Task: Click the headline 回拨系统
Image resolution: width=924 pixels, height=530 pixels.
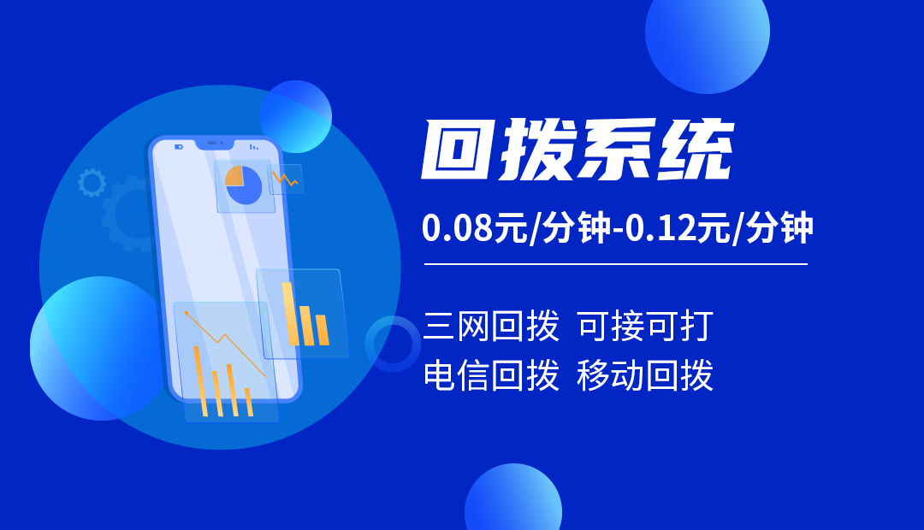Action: (577, 150)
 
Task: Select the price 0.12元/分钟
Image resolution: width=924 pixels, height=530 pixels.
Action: (719, 228)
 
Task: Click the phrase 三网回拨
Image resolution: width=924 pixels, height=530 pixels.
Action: (491, 327)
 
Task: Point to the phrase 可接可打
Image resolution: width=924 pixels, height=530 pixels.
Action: (645, 327)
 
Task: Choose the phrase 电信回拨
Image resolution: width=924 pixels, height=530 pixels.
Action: (491, 375)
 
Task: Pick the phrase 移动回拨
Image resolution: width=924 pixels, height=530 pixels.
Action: (645, 375)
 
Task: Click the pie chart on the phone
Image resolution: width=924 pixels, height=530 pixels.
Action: (243, 185)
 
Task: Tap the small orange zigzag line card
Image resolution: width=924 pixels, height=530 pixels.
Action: (286, 179)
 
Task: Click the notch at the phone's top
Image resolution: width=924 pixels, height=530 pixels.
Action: (215, 144)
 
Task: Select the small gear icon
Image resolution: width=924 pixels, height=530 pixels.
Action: (92, 183)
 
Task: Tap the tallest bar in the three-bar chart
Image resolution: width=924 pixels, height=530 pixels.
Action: (288, 314)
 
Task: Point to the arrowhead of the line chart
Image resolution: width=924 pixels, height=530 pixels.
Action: (187, 313)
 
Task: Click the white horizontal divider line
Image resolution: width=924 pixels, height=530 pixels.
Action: (616, 264)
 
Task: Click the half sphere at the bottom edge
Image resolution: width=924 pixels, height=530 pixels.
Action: (513, 498)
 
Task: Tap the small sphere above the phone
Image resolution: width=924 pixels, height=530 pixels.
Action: (296, 116)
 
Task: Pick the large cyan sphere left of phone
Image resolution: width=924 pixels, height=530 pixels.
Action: (98, 348)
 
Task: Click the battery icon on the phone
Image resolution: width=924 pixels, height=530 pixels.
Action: (179, 147)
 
